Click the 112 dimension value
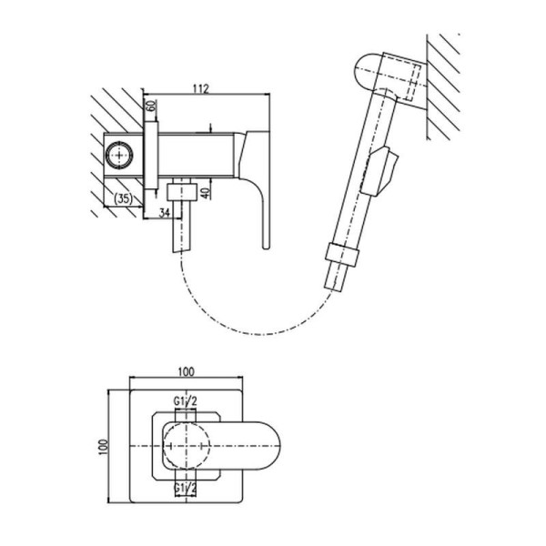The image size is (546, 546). pos(200,89)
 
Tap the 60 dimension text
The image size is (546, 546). pos(151,106)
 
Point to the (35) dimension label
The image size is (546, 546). pos(123,198)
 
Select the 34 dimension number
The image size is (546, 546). pos(165,212)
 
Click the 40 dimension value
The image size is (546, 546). pos(207,193)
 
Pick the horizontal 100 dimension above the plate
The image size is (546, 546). pos(187,372)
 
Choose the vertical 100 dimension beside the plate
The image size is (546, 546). pos(103,447)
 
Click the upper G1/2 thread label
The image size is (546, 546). pos(186,401)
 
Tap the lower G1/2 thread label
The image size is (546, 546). pos(186,489)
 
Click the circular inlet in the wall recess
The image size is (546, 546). pos(119,156)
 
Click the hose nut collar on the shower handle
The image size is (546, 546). pos(342,255)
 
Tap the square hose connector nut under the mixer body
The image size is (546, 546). pos(181,192)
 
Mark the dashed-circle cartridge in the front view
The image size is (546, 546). pos(187,446)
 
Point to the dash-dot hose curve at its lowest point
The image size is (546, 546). pos(259,335)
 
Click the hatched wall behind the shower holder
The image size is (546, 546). pos(443,87)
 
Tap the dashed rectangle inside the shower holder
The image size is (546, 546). pos(412,83)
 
